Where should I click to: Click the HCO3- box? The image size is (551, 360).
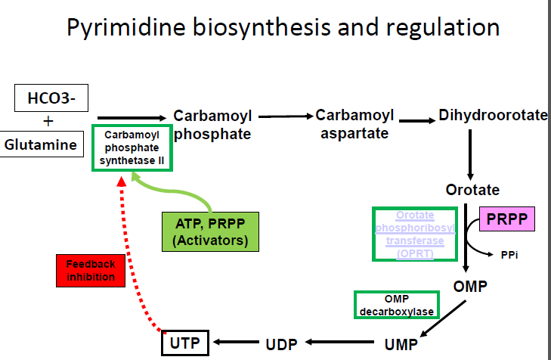click(x=48, y=98)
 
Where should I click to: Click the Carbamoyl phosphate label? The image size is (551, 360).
click(x=213, y=125)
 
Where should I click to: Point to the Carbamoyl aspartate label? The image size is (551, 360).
click(x=354, y=124)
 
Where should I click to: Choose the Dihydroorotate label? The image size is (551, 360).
click(x=493, y=116)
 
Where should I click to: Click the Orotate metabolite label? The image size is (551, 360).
click(x=472, y=189)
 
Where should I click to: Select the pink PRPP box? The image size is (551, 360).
click(x=506, y=220)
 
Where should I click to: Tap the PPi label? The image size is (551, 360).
click(x=509, y=255)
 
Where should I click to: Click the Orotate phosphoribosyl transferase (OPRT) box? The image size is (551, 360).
click(x=415, y=234)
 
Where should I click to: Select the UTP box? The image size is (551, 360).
click(x=184, y=343)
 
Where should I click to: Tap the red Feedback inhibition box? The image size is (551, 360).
click(x=90, y=270)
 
